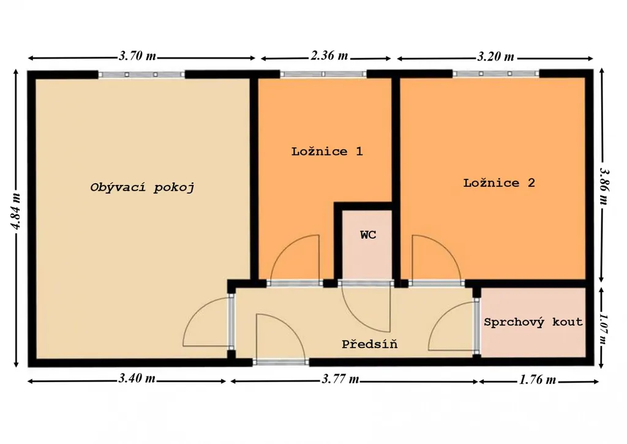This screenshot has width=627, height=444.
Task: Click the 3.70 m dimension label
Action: [x=137, y=56]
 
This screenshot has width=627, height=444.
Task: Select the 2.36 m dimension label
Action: [x=329, y=55]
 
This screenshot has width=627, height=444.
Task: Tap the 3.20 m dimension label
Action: [x=495, y=56]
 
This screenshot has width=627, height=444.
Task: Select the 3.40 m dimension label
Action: [x=137, y=378]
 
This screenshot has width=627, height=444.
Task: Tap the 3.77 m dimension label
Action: [x=340, y=378]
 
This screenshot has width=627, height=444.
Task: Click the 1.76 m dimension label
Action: [x=538, y=380]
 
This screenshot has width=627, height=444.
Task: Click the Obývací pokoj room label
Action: [x=142, y=187]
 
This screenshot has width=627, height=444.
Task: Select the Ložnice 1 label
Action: [x=327, y=151]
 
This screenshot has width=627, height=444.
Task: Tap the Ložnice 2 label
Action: [x=499, y=182]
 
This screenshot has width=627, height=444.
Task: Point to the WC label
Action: [x=368, y=235]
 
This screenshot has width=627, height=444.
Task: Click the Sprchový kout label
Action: [x=533, y=322]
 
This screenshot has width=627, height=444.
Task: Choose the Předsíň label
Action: [x=369, y=344]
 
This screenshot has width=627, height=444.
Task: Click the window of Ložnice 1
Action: [x=323, y=74]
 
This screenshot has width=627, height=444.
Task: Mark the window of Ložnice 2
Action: [x=496, y=73]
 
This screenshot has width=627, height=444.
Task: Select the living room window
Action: [x=141, y=74]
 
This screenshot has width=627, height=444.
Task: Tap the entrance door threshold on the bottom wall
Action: [x=280, y=363]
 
